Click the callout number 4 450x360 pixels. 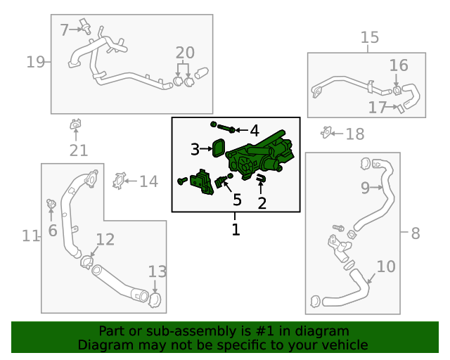pyautogui.click(x=255, y=131)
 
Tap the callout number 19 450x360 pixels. pyautogui.click(x=36, y=62)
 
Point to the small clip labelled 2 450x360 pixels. pyautogui.click(x=261, y=179)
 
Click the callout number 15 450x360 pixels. pyautogui.click(x=370, y=37)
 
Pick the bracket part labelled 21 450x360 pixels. pyautogui.click(x=75, y=124)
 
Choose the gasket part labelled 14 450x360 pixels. pyautogui.click(x=119, y=181)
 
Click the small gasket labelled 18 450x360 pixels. pyautogui.click(x=326, y=132)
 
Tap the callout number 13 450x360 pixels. pyautogui.click(x=157, y=271)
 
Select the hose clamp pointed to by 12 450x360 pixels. pyautogui.click(x=86, y=262)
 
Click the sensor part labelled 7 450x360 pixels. pyautogui.click(x=86, y=26)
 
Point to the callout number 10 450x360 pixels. pyautogui.click(x=386, y=266)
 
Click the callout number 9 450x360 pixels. pyautogui.click(x=365, y=188)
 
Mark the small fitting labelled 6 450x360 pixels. pyautogui.click(x=51, y=203)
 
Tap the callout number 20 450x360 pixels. pyautogui.click(x=185, y=53)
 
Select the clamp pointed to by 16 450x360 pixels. pyautogui.click(x=397, y=91)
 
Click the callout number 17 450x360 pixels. pyautogui.click(x=378, y=108)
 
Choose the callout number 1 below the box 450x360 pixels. pyautogui.click(x=236, y=230)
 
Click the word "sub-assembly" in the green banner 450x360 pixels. pyautogui.click(x=169, y=331)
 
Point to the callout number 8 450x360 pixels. pyautogui.click(x=416, y=233)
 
